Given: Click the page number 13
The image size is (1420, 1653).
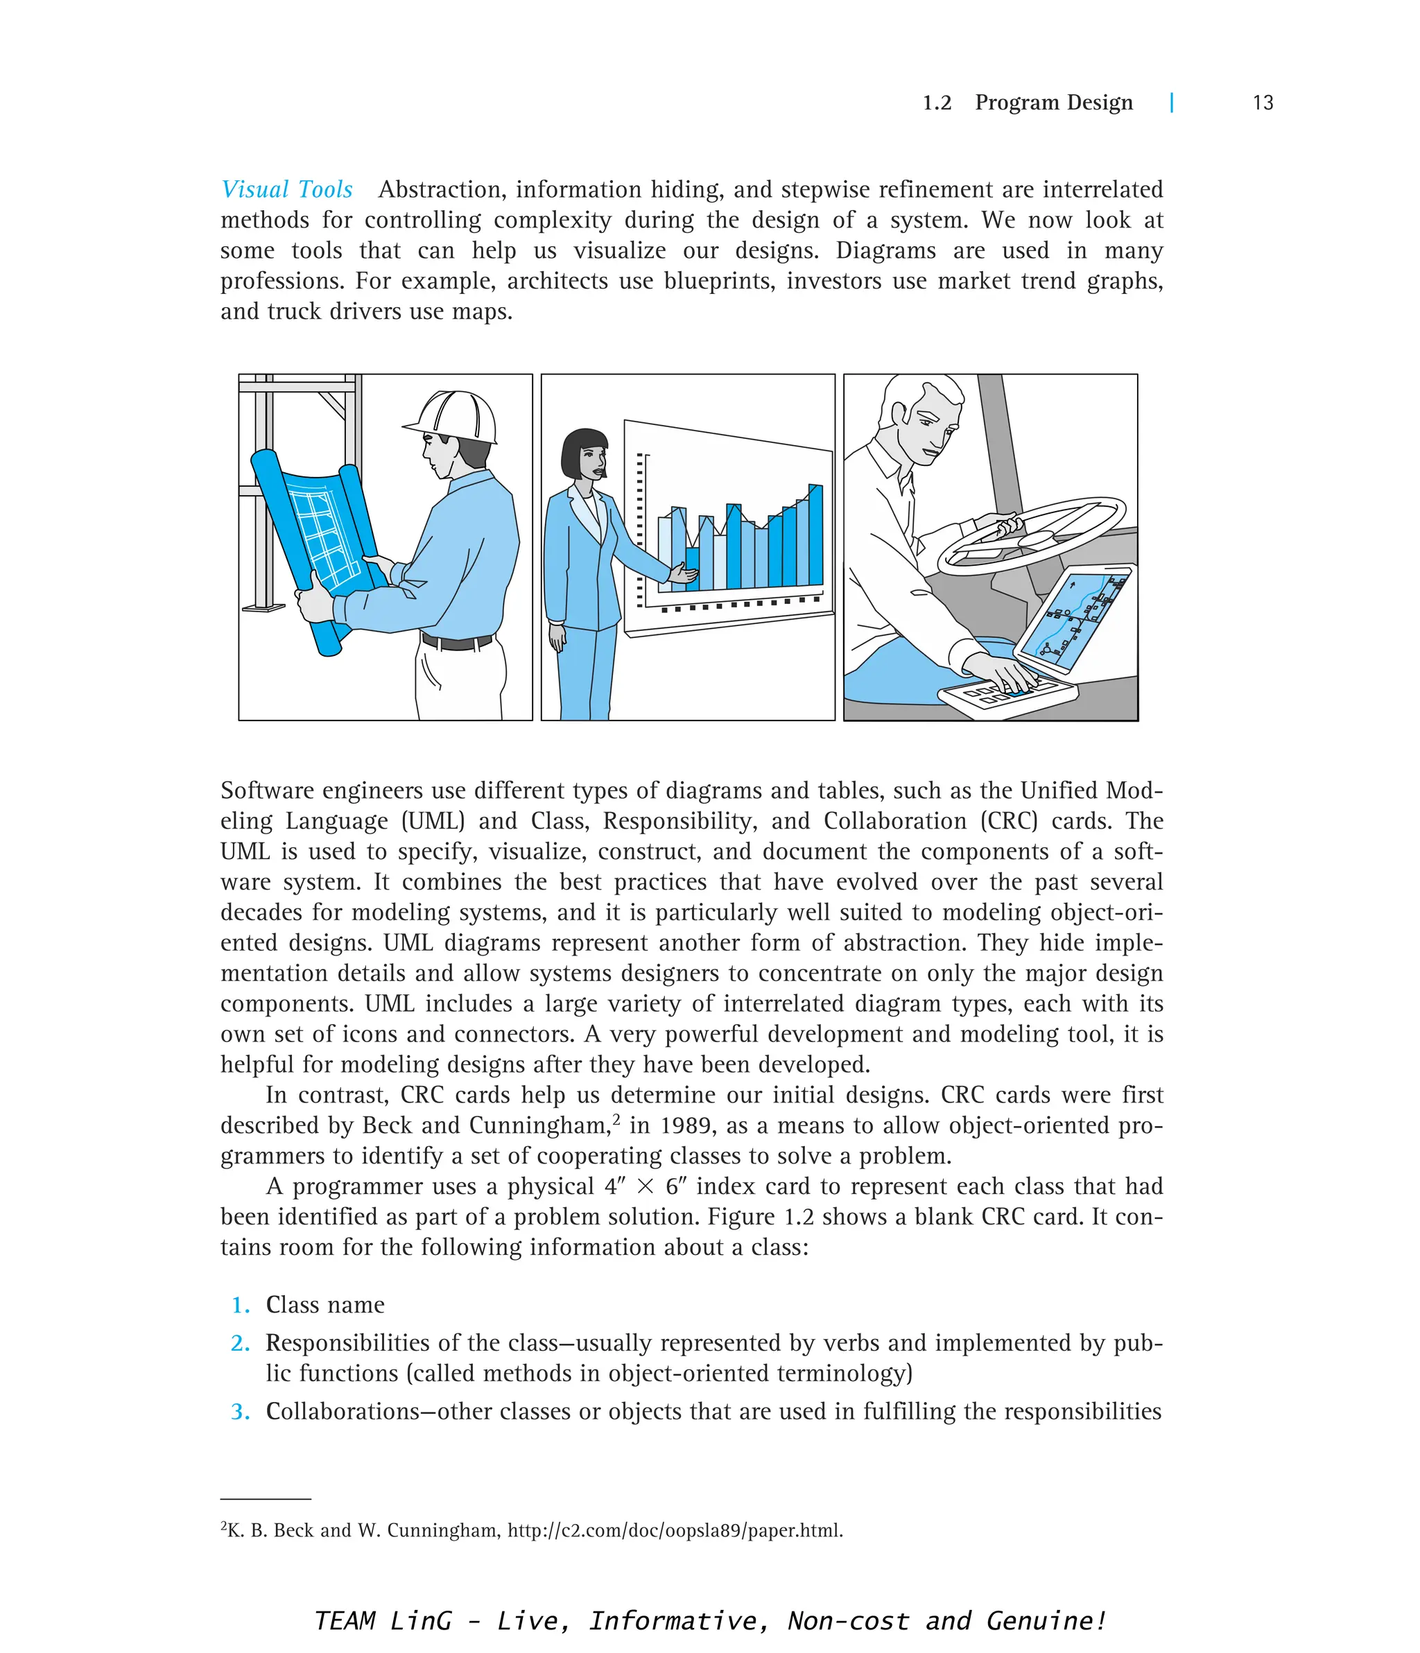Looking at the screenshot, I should coord(1262,103).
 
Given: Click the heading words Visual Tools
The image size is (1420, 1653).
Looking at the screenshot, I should coord(286,189).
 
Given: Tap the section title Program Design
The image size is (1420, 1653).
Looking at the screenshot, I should coord(1053,103).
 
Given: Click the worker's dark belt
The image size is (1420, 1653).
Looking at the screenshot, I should coord(456,641).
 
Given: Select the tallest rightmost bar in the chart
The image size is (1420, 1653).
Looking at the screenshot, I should coord(815,535).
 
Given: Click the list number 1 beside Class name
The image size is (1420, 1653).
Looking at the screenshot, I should coord(241,1305).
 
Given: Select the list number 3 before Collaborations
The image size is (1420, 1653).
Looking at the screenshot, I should coord(240,1412).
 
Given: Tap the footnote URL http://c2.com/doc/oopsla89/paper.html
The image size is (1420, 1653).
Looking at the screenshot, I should coord(674,1530).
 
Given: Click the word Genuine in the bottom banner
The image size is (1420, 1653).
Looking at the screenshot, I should coord(1045,1620).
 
